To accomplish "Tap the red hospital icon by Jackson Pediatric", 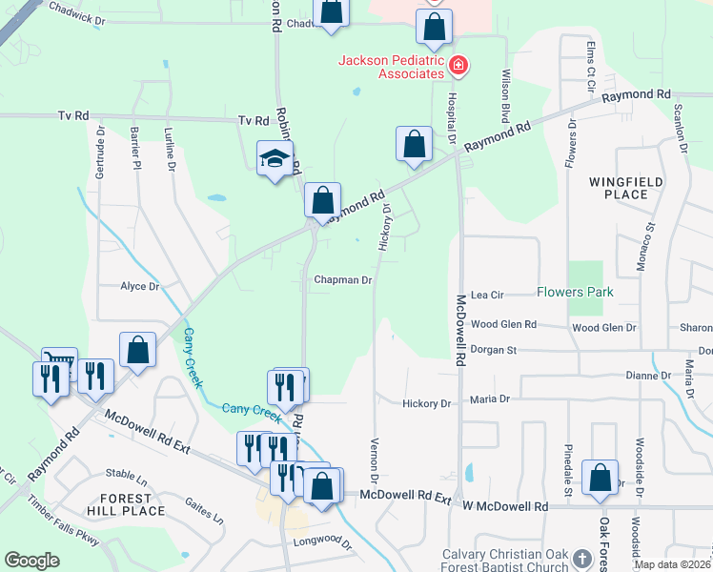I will (x=458, y=65).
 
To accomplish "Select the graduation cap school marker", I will (x=275, y=159).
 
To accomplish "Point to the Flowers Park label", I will (x=575, y=292).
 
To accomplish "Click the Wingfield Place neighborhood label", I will (x=619, y=188).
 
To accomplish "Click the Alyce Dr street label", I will (x=139, y=286).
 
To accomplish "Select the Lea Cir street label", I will (x=486, y=296).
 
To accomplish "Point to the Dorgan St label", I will (x=493, y=350).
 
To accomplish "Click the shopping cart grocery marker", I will (x=60, y=362).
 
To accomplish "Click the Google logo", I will (x=31, y=561).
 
